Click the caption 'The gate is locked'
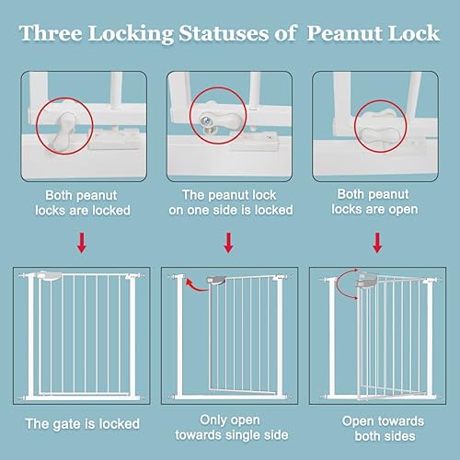(82, 423)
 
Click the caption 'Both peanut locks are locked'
(82, 202)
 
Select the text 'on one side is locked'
(230, 211)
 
